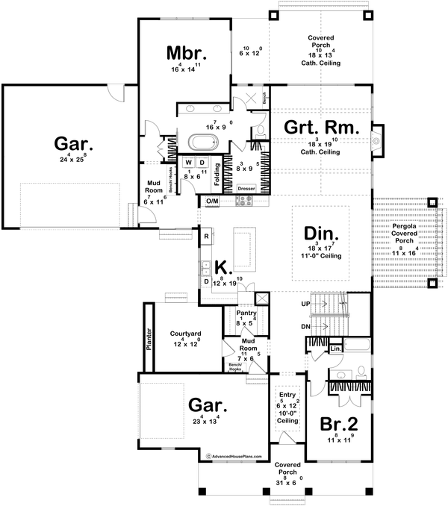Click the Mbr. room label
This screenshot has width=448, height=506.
[x=184, y=54]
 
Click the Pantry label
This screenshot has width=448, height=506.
[x=246, y=313]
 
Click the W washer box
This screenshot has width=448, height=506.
[x=188, y=162]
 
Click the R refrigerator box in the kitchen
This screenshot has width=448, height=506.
[x=205, y=236]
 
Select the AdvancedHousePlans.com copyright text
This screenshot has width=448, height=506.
[x=233, y=454]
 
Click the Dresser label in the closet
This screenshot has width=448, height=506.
[x=246, y=190]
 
